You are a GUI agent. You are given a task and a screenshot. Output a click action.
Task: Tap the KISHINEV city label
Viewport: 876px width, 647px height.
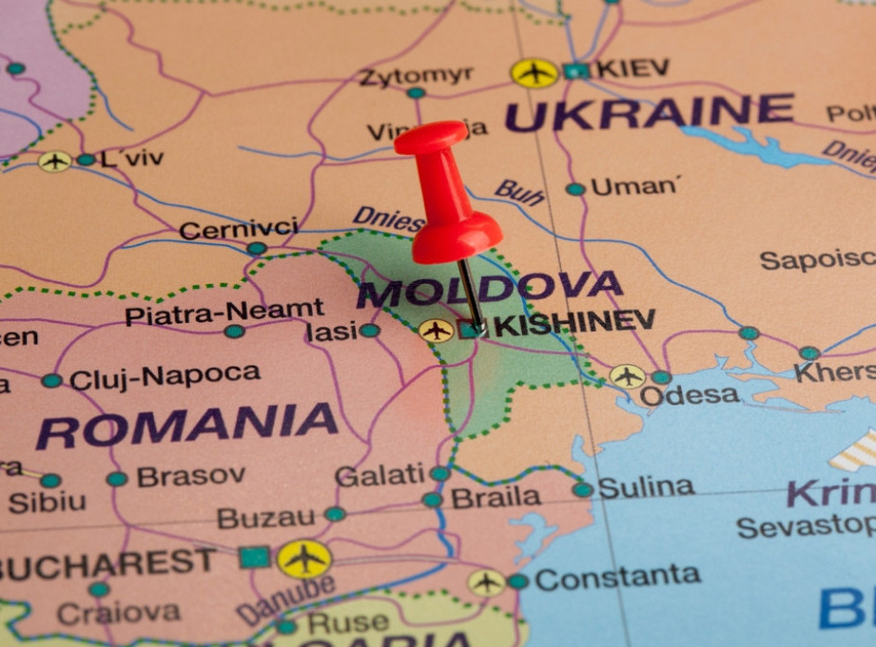(x=574, y=323)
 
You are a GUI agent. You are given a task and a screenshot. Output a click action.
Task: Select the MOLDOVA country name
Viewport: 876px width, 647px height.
(x=489, y=288)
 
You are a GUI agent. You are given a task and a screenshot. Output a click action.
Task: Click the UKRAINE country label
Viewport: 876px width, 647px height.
(x=649, y=113)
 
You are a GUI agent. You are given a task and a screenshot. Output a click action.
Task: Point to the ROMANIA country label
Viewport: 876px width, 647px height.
(x=187, y=426)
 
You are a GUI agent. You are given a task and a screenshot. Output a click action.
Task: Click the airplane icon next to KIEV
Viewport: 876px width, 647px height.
(x=535, y=72)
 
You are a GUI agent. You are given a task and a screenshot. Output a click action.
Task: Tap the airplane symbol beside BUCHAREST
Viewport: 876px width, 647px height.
(x=304, y=559)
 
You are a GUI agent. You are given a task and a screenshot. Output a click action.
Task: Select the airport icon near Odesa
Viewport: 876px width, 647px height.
(x=627, y=376)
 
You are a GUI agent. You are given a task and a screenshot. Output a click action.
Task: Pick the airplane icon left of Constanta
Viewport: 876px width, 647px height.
(x=486, y=582)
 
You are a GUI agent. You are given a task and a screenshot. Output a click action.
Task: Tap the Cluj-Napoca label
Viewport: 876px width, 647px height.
(x=165, y=377)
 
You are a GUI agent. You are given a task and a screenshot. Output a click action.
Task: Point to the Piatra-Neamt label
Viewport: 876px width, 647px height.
(x=224, y=312)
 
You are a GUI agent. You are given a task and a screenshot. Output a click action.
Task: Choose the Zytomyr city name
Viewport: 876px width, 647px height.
(x=416, y=75)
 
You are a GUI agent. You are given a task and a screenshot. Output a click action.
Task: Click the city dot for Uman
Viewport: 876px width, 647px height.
(x=575, y=189)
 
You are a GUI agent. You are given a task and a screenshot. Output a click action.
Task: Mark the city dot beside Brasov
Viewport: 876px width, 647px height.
(x=117, y=479)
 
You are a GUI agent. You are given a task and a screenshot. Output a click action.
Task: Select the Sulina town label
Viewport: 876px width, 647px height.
(x=646, y=487)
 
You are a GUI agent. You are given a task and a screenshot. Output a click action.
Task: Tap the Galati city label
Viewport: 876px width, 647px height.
(x=380, y=475)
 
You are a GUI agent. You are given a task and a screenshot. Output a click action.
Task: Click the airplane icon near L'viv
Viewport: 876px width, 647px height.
(x=54, y=162)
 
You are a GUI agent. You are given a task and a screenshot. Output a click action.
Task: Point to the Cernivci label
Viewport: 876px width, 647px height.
(x=238, y=229)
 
